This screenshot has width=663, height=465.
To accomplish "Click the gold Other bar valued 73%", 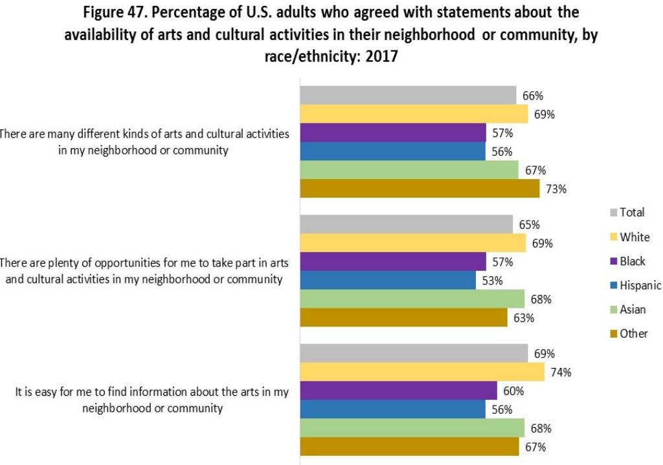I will coord(420,189).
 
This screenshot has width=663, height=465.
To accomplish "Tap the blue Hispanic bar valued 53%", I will coord(388,281).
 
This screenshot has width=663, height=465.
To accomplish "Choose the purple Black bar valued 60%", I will coord(398,391).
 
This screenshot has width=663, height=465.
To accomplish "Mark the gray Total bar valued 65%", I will coord(406,225).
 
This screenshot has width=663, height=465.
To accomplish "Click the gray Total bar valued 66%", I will coord(408,96).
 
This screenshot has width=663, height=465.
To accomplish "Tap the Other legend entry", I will coord(633,334).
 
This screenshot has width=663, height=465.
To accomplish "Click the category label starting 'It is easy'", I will coord(152,400).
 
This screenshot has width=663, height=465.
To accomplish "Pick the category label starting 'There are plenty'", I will coord(143,271).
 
